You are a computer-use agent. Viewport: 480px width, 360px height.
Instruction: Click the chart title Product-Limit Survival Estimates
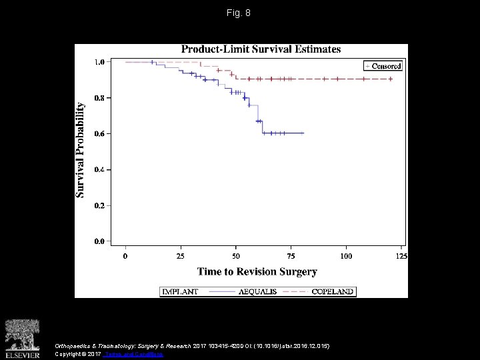(261, 49)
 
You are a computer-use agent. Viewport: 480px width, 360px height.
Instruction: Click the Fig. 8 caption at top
(239, 13)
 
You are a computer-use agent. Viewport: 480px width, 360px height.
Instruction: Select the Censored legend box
(383, 65)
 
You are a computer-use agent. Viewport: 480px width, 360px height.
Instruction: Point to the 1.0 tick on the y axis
(99, 62)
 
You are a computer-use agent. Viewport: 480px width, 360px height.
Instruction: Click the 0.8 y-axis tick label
(99, 98)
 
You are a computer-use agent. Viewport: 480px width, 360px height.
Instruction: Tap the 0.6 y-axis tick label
(99, 133)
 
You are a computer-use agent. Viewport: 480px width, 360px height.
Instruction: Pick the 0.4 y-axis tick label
(99, 169)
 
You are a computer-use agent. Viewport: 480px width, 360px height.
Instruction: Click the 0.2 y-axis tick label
(99, 205)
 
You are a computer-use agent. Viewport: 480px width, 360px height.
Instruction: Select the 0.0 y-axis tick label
(99, 241)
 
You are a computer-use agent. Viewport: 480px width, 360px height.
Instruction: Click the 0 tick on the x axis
(126, 255)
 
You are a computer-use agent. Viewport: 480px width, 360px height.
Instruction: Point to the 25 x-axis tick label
(181, 255)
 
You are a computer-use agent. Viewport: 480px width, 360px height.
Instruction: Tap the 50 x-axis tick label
(236, 255)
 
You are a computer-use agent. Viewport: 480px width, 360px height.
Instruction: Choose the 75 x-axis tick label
(291, 255)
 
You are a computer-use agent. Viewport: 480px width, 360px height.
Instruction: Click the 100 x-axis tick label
(346, 255)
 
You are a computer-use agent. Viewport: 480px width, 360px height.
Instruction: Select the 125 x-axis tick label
(401, 255)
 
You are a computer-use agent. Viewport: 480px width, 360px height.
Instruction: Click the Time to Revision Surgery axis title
(257, 271)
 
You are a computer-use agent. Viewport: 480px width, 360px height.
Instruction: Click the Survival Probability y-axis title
(81, 149)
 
